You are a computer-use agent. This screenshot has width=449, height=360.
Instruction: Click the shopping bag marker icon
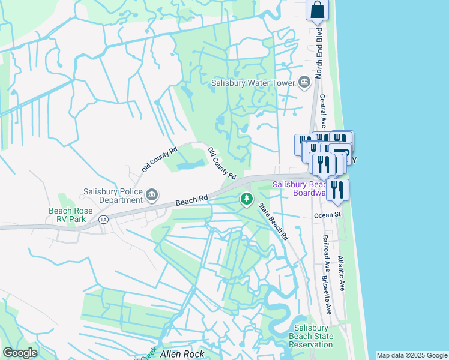(318, 10)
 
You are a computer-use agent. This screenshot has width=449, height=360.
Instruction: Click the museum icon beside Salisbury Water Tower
(304, 82)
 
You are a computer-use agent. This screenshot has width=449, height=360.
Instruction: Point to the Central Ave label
(322, 111)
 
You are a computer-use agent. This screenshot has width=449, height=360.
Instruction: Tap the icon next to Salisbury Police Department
(152, 194)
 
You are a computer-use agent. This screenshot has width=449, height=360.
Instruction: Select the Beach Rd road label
(192, 200)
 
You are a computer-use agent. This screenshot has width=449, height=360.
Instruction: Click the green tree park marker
(246, 199)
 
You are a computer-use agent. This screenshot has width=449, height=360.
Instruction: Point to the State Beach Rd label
(273, 221)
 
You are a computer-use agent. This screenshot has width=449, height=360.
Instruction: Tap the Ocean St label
(327, 215)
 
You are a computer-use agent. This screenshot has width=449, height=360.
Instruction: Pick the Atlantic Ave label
(340, 274)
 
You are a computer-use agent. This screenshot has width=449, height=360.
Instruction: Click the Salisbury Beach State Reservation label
(311, 336)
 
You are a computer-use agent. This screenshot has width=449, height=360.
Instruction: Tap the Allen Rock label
(182, 354)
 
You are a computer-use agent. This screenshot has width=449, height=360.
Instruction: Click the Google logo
(20, 353)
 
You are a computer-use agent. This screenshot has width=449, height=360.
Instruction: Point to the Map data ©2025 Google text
(412, 355)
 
